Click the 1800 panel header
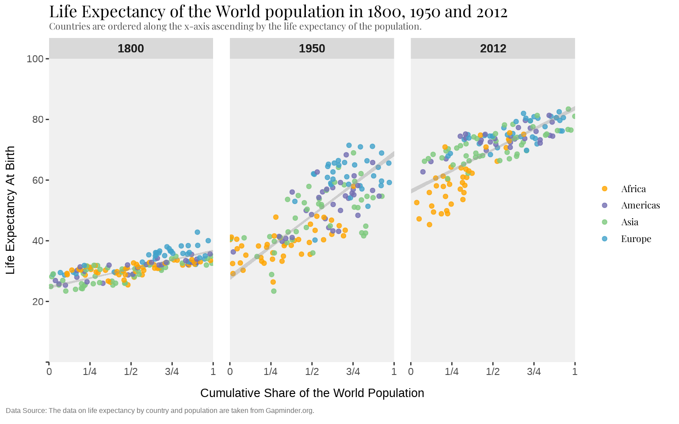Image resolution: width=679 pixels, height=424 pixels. pos(131,49)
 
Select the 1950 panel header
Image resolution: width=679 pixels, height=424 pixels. pos(312,49)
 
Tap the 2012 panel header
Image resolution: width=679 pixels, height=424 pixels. pos(493,49)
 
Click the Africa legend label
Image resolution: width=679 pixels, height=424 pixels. pos(633,189)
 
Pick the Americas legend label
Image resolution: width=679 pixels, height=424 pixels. pos(640,205)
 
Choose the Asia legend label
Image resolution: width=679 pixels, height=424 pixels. pos(629,222)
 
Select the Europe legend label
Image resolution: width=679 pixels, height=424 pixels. pos(636,239)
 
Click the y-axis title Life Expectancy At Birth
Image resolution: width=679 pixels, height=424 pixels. pos(11,210)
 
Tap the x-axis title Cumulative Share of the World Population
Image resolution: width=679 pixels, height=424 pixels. pos(312,393)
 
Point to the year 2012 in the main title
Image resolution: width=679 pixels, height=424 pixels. pos(492,11)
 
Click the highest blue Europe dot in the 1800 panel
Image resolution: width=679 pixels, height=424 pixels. pos(197,232)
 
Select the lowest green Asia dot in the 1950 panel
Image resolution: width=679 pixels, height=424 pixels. pos(274,291)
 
